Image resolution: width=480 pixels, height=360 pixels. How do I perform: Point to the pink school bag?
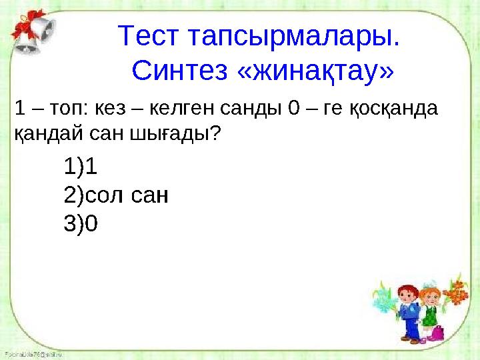437,333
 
